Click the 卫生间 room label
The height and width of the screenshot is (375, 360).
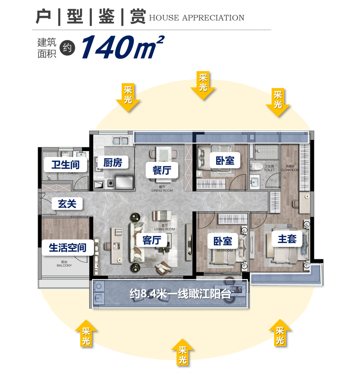click(65, 165)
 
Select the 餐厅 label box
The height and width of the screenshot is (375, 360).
click(162, 170)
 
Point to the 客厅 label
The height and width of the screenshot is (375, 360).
click(152, 240)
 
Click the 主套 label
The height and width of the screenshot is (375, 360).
click(287, 239)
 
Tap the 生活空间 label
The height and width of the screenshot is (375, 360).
click(67, 248)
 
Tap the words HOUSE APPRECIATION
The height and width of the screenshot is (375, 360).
click(196, 18)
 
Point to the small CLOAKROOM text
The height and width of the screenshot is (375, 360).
click(290, 170)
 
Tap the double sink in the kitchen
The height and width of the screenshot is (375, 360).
click(120, 140)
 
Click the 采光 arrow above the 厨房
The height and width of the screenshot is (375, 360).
click(128, 97)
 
